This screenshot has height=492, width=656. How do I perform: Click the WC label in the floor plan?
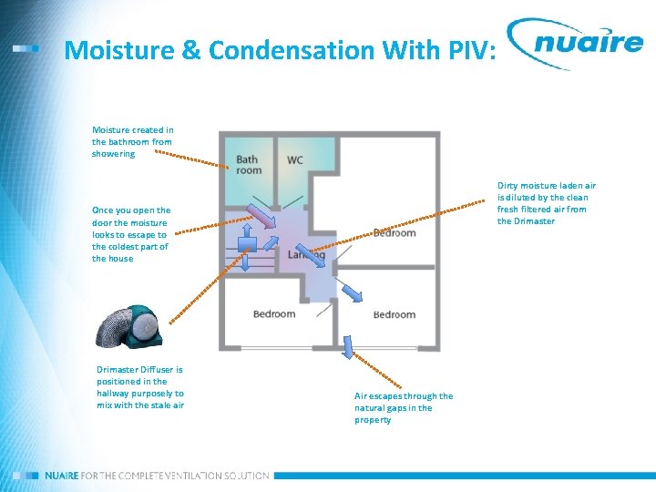point(295,160)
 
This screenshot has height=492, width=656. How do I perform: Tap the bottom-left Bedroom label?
point(274,314)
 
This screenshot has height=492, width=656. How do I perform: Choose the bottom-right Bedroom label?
point(395,314)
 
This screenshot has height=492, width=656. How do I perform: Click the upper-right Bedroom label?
point(395,233)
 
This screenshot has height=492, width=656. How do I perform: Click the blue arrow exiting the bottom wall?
point(347,346)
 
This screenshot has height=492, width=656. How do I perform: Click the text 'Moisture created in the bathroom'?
point(133,141)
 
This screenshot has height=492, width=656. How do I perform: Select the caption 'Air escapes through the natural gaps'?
point(403,407)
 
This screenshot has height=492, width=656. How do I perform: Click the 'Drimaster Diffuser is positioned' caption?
point(140,387)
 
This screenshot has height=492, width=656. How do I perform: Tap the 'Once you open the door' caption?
point(131,234)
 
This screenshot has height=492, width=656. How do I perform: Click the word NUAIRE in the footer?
point(62,476)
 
